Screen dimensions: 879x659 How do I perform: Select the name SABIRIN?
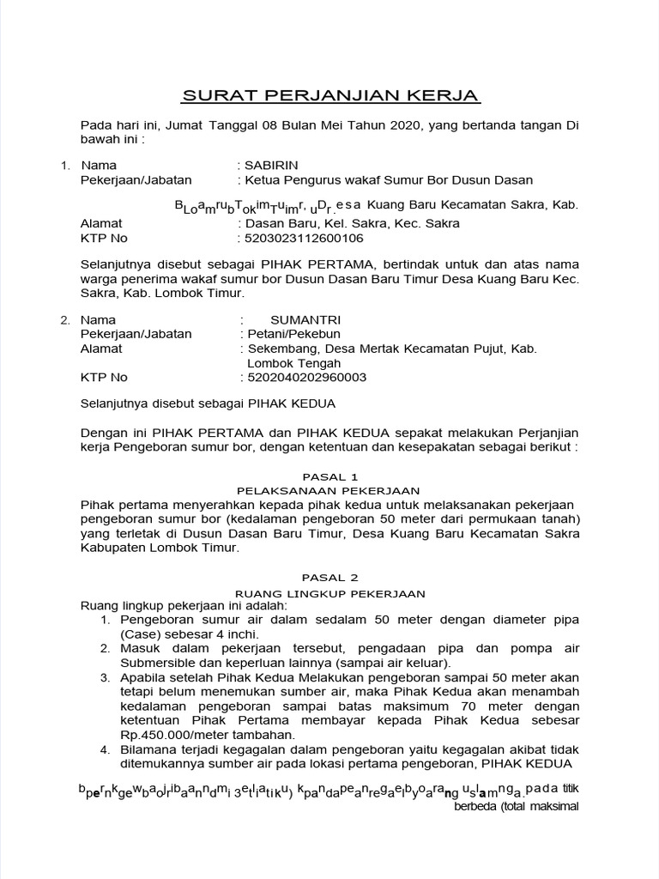[x=272, y=165]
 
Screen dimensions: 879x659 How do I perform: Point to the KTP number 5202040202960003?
[x=305, y=377]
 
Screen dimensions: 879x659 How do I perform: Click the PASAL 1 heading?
[x=329, y=476]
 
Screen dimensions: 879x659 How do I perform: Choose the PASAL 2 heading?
[x=329, y=578]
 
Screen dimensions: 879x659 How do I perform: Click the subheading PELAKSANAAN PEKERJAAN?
[x=329, y=490]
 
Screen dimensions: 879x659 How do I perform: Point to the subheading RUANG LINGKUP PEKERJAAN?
[x=329, y=592]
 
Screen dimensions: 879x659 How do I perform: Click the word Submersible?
[x=154, y=663]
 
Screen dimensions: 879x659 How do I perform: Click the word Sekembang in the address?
[x=279, y=349]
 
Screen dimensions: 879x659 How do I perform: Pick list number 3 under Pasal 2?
[x=104, y=677]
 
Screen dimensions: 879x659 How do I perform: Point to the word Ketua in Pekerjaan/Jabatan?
[x=263, y=179]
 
